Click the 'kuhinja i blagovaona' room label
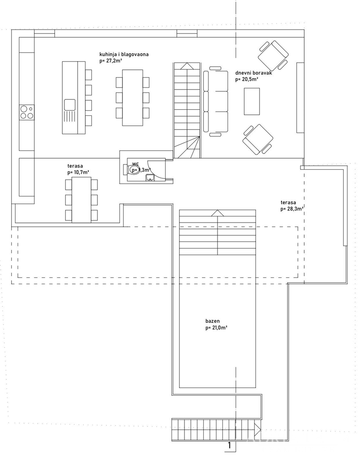[124, 55]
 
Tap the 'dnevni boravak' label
[254, 73]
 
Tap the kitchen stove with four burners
[26, 112]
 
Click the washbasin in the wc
[150, 177]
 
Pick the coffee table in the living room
[252, 101]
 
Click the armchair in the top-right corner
[273, 54]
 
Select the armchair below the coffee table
[257, 139]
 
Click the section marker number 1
[229, 445]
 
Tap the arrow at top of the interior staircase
[187, 66]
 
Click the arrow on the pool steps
[218, 213]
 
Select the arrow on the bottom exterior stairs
[258, 427]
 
